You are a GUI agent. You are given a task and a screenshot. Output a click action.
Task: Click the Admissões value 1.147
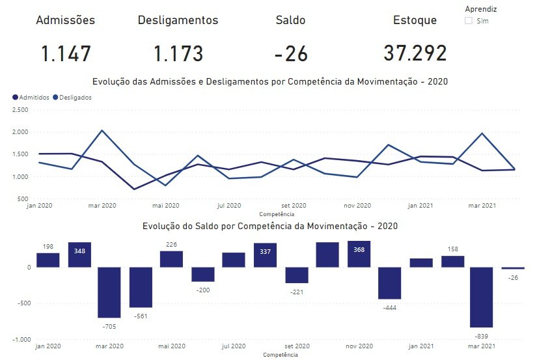coord(66,53)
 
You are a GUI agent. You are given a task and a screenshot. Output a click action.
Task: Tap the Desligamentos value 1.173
coord(178,53)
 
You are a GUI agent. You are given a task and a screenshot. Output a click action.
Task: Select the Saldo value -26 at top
coord(291,53)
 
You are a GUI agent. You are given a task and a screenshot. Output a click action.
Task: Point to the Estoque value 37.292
coord(415,53)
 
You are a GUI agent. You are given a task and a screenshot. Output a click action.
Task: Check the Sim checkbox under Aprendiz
coord(468,21)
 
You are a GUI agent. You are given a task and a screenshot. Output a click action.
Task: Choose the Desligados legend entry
coord(75,97)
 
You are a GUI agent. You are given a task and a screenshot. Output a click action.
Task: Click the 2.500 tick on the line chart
coord(20,109)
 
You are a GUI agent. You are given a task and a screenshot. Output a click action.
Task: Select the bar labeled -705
coord(109,292)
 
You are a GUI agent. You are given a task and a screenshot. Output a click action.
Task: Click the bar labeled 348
coord(79,255)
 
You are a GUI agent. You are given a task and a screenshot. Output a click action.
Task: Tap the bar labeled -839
coord(482,297)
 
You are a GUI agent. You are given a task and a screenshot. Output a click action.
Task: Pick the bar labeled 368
coord(359,254)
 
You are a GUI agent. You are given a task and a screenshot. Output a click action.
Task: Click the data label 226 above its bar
coord(171,245)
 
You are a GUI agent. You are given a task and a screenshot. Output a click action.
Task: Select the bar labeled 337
coord(265,255)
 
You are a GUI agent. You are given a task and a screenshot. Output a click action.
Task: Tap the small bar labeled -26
coord(513,268)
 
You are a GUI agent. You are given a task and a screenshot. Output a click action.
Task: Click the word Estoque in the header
coord(415,20)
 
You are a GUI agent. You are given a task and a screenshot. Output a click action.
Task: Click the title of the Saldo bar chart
coord(269,227)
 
